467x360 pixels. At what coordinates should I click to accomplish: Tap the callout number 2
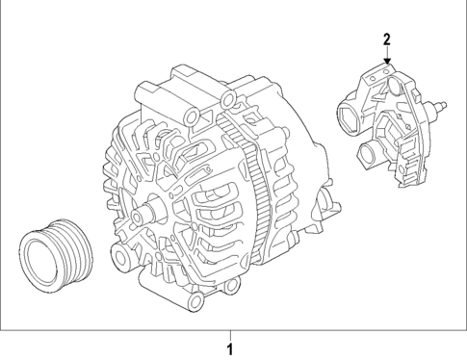[x=386, y=39]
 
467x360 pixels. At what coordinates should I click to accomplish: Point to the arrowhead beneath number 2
[x=386, y=62]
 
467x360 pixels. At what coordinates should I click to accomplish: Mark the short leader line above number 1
[x=229, y=333]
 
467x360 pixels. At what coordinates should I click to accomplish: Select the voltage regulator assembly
[x=390, y=125]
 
